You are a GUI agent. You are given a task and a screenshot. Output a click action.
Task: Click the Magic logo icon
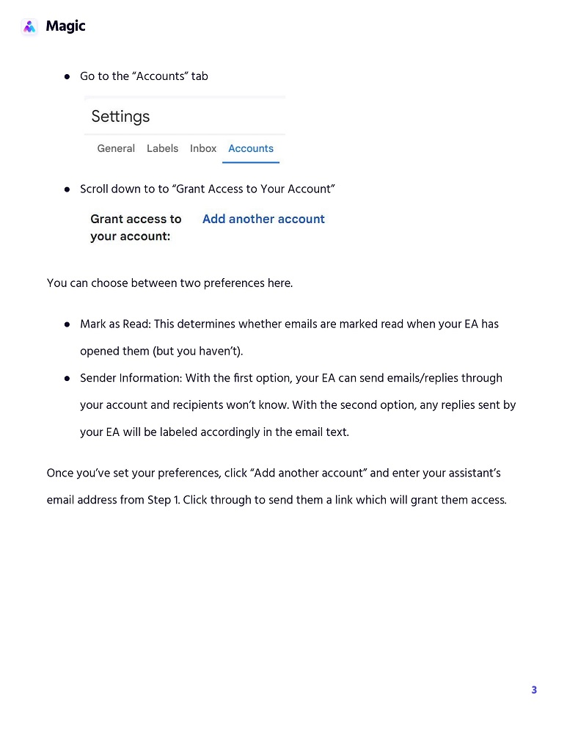29,27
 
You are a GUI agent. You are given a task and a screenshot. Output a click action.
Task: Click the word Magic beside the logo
65,26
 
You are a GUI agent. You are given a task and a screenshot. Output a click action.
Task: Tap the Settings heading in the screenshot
120,117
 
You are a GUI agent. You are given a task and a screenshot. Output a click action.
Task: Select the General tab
116,148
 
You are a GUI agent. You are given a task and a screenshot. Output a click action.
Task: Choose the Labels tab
162,148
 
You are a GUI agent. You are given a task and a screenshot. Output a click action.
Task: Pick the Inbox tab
203,148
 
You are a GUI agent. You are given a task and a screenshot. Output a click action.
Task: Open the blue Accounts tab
251,148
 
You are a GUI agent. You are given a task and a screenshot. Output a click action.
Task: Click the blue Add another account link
263,219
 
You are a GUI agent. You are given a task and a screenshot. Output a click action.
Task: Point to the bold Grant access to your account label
136,228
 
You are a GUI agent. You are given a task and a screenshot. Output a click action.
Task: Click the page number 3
534,690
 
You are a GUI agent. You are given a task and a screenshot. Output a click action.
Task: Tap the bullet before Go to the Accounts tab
67,76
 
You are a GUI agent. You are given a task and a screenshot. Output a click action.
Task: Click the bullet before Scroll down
67,189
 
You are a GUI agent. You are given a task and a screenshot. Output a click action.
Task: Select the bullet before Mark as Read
67,324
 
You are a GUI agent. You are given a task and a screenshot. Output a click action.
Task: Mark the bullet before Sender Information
67,379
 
